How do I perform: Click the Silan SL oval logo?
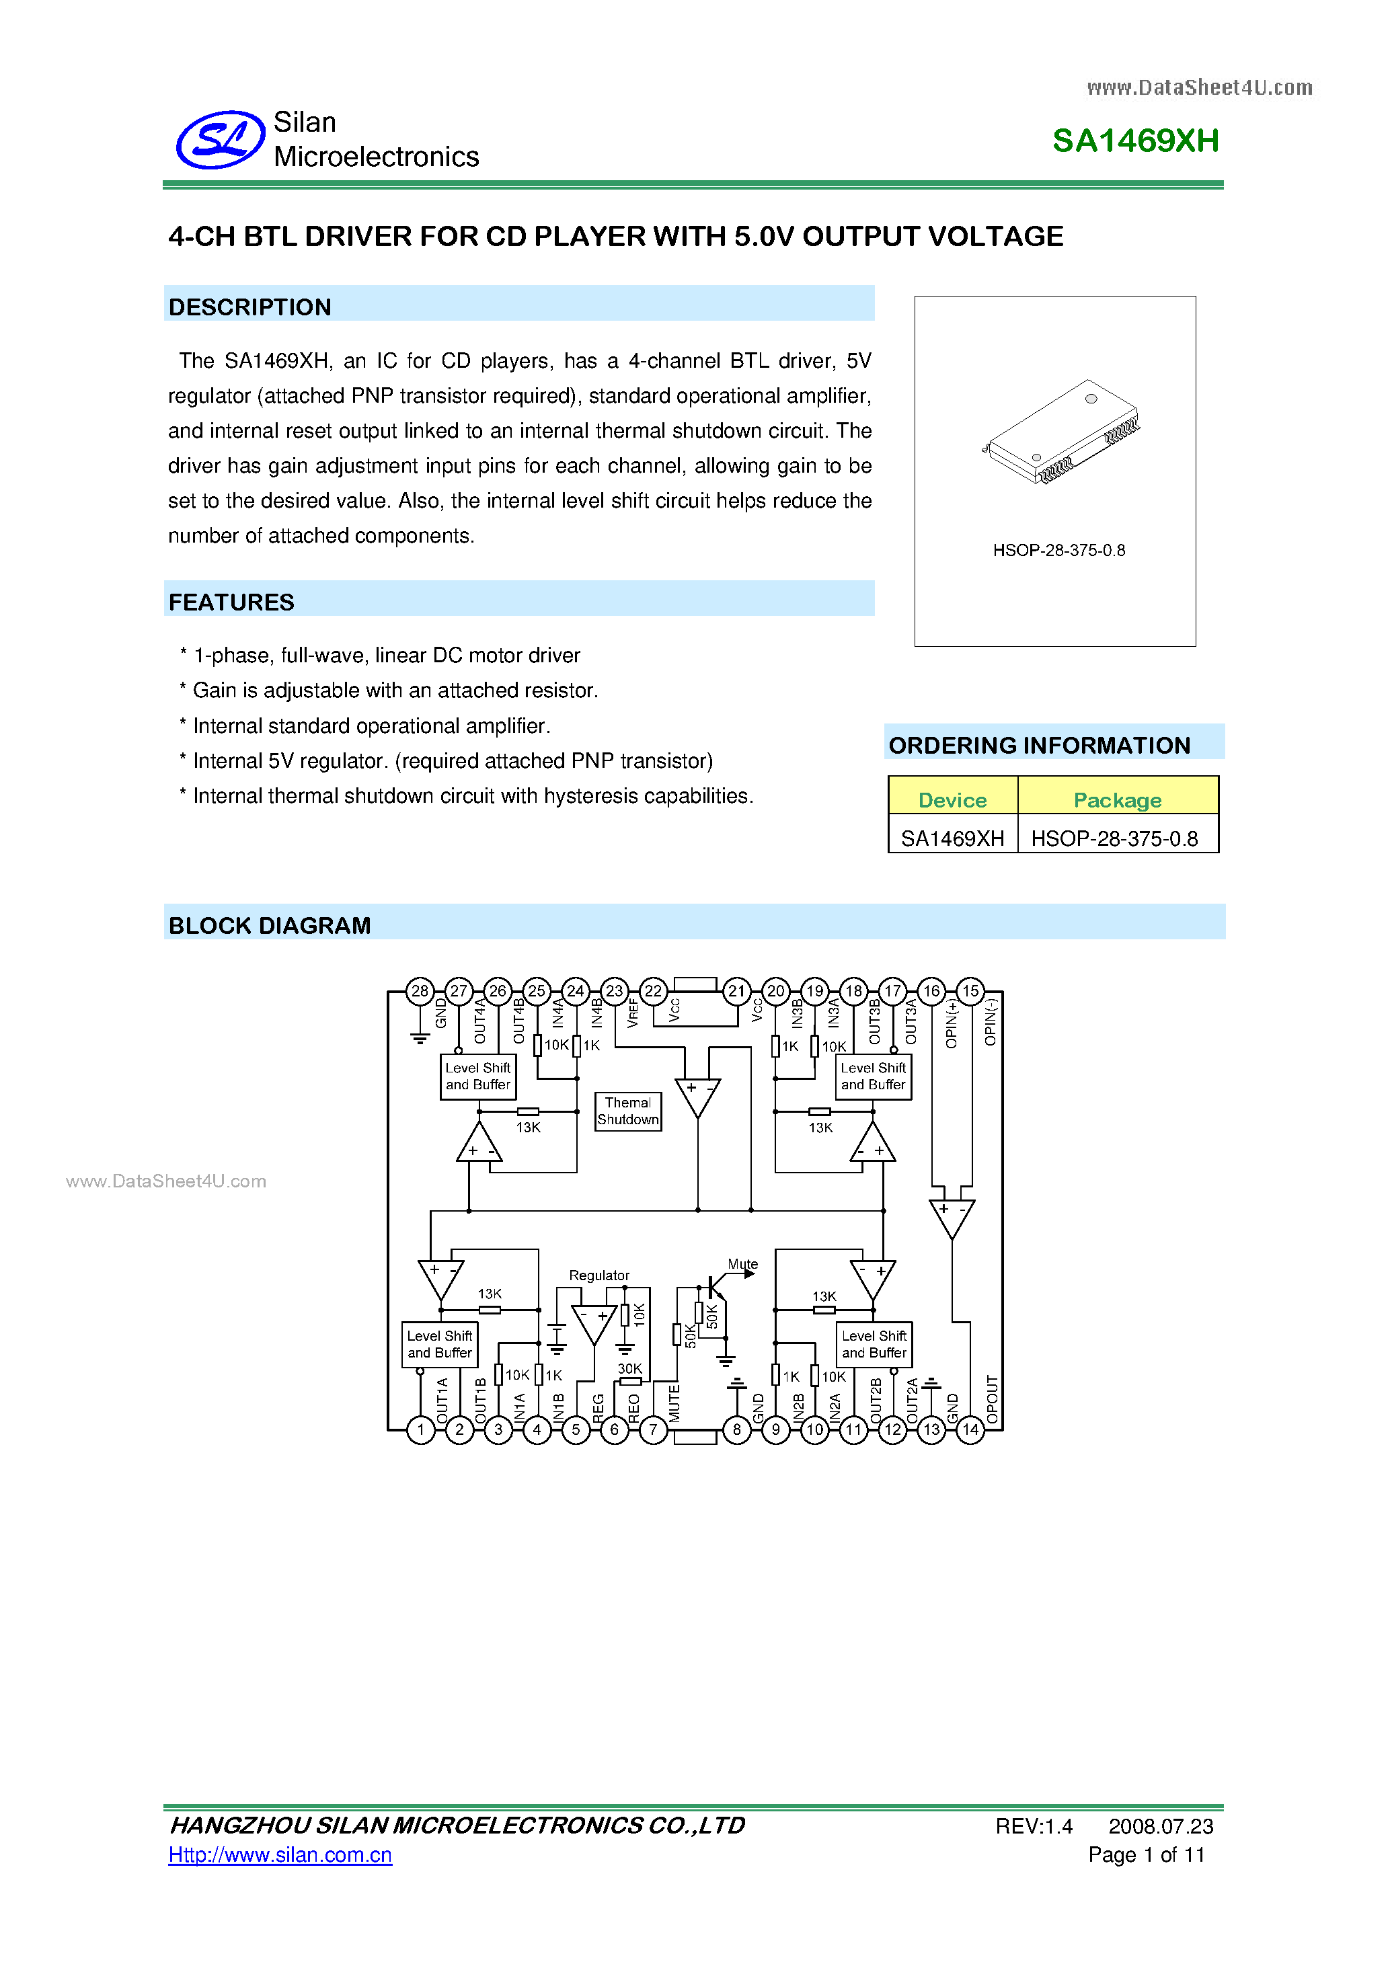tap(220, 140)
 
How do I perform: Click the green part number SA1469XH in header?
tap(1134, 141)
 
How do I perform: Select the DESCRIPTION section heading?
tap(250, 307)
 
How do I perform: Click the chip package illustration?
tap(1061, 432)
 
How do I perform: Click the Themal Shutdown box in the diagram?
tap(628, 1111)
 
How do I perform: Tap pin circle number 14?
tap(970, 1429)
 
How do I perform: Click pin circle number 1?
tap(420, 1429)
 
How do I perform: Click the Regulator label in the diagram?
tap(599, 1275)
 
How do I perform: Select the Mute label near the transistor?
tap(742, 1264)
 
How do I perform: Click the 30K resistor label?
tap(629, 1368)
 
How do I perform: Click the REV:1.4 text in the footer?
tap(1033, 1826)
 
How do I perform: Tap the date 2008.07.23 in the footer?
tap(1161, 1826)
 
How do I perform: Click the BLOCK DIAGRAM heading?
tap(270, 926)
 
